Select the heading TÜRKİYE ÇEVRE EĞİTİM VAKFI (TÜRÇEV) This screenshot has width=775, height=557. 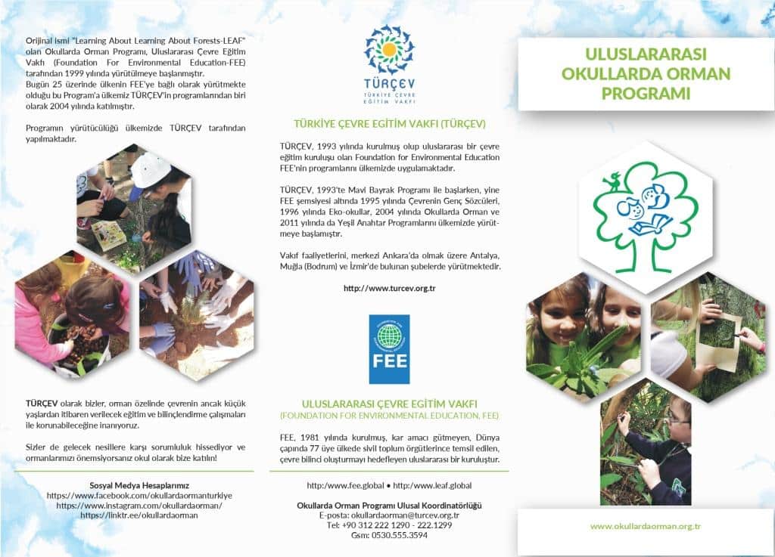tap(389, 123)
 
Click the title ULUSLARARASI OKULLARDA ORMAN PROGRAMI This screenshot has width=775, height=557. tap(646, 74)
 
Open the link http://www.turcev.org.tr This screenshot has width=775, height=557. tap(389, 289)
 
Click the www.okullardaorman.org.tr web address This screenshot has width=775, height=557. tap(646, 526)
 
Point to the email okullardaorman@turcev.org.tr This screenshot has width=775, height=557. tap(389, 515)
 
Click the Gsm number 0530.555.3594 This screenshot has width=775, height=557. tap(389, 535)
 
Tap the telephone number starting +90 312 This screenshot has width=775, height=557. tap(389, 525)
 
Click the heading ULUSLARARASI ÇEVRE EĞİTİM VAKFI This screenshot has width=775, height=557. tap(389, 404)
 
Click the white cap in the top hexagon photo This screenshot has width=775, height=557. tap(151, 167)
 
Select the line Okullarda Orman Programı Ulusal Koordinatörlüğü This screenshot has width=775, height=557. tap(389, 505)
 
